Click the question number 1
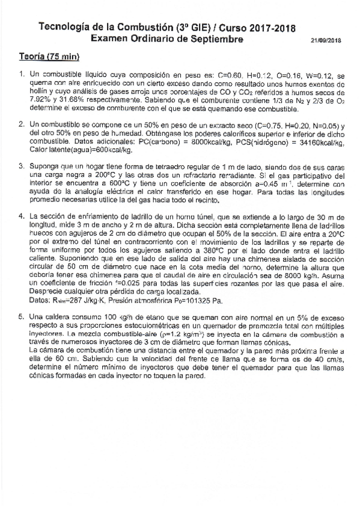(x=21, y=76)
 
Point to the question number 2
(x=21, y=123)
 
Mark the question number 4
(x=21, y=215)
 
